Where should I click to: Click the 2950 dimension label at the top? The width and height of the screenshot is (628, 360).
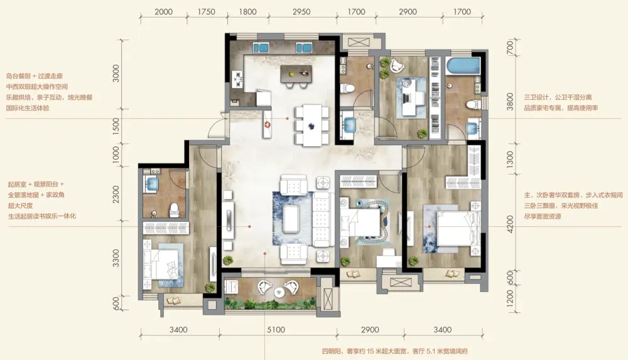click(x=301, y=12)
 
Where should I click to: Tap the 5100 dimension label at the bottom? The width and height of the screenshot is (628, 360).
click(x=276, y=330)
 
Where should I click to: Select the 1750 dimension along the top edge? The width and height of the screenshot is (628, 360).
click(x=206, y=12)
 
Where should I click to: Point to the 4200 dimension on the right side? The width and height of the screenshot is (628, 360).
click(x=510, y=224)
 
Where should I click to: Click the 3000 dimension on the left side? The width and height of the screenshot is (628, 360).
click(x=116, y=74)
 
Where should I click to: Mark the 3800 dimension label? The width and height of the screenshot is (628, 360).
click(x=510, y=101)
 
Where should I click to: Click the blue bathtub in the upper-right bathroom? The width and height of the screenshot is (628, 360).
click(x=463, y=66)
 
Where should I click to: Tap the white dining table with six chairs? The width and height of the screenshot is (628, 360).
click(x=312, y=125)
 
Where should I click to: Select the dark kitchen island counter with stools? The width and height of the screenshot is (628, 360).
click(x=296, y=74)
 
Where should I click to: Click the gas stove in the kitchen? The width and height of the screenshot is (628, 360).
click(x=237, y=79)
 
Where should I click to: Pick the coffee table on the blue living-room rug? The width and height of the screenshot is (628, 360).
click(x=293, y=219)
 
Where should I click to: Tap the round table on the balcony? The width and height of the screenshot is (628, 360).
click(x=279, y=292)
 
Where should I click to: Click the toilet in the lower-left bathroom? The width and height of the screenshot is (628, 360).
click(x=174, y=210)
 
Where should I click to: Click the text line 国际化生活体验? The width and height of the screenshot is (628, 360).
click(x=28, y=108)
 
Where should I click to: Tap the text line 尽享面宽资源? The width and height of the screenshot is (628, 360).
click(x=543, y=217)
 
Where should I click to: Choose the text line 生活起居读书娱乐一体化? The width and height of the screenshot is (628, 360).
click(x=42, y=217)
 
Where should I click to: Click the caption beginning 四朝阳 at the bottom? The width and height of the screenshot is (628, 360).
click(x=395, y=351)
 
